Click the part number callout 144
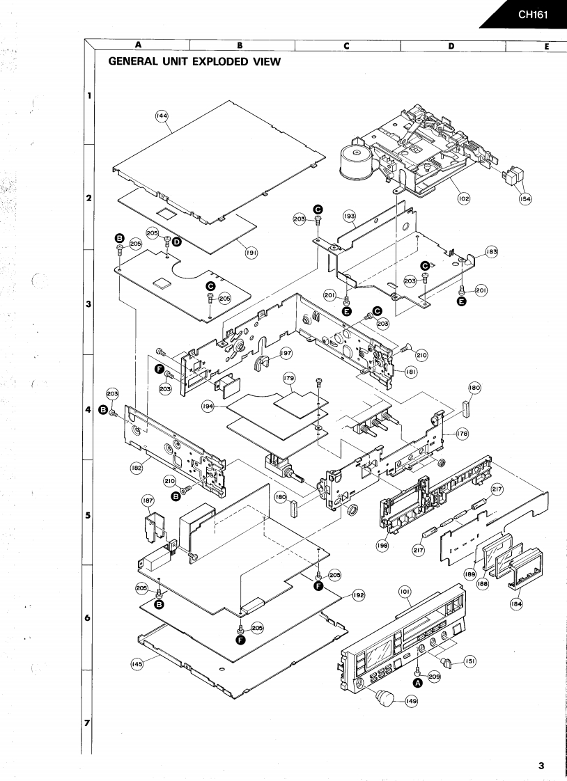(x=162, y=118)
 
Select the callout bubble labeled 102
(x=464, y=198)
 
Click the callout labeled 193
(x=349, y=216)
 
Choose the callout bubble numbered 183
(x=492, y=251)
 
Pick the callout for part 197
(x=286, y=354)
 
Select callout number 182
(x=137, y=468)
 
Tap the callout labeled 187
(x=148, y=500)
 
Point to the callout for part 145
(x=137, y=664)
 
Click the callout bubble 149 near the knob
(x=412, y=702)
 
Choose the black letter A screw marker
(x=418, y=684)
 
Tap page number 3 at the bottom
(x=541, y=766)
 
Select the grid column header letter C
(x=346, y=46)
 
